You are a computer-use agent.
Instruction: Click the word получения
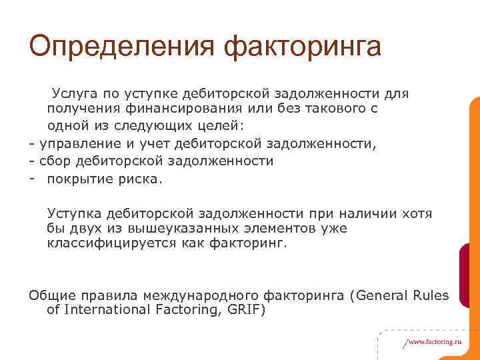78,109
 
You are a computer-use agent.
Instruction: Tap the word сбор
54,161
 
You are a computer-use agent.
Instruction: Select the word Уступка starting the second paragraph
73,213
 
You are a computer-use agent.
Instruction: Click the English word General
382,295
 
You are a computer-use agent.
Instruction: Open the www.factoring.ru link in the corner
433,341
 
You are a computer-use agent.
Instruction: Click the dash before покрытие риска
32,178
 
